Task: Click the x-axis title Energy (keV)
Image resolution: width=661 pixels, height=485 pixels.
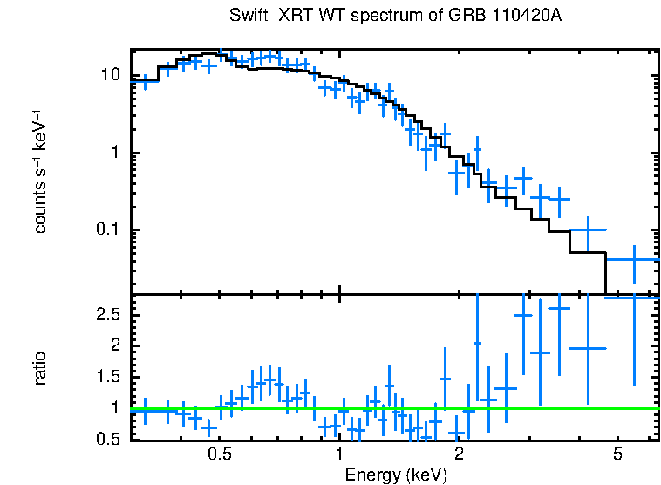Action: (x=396, y=475)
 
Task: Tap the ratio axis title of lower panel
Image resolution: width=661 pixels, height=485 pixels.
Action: (x=41, y=367)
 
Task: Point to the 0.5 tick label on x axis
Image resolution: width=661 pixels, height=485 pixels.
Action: (x=220, y=454)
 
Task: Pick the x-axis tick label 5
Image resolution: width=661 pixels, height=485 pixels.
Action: (x=617, y=454)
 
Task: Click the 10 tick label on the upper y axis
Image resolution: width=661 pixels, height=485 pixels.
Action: (x=110, y=76)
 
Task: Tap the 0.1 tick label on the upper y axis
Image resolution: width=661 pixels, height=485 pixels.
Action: (x=106, y=230)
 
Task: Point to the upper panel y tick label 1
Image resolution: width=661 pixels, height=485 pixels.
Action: (x=115, y=154)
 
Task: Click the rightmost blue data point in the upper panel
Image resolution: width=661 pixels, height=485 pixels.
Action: (x=634, y=259)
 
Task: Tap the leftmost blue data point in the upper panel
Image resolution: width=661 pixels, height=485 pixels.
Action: (x=145, y=81)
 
